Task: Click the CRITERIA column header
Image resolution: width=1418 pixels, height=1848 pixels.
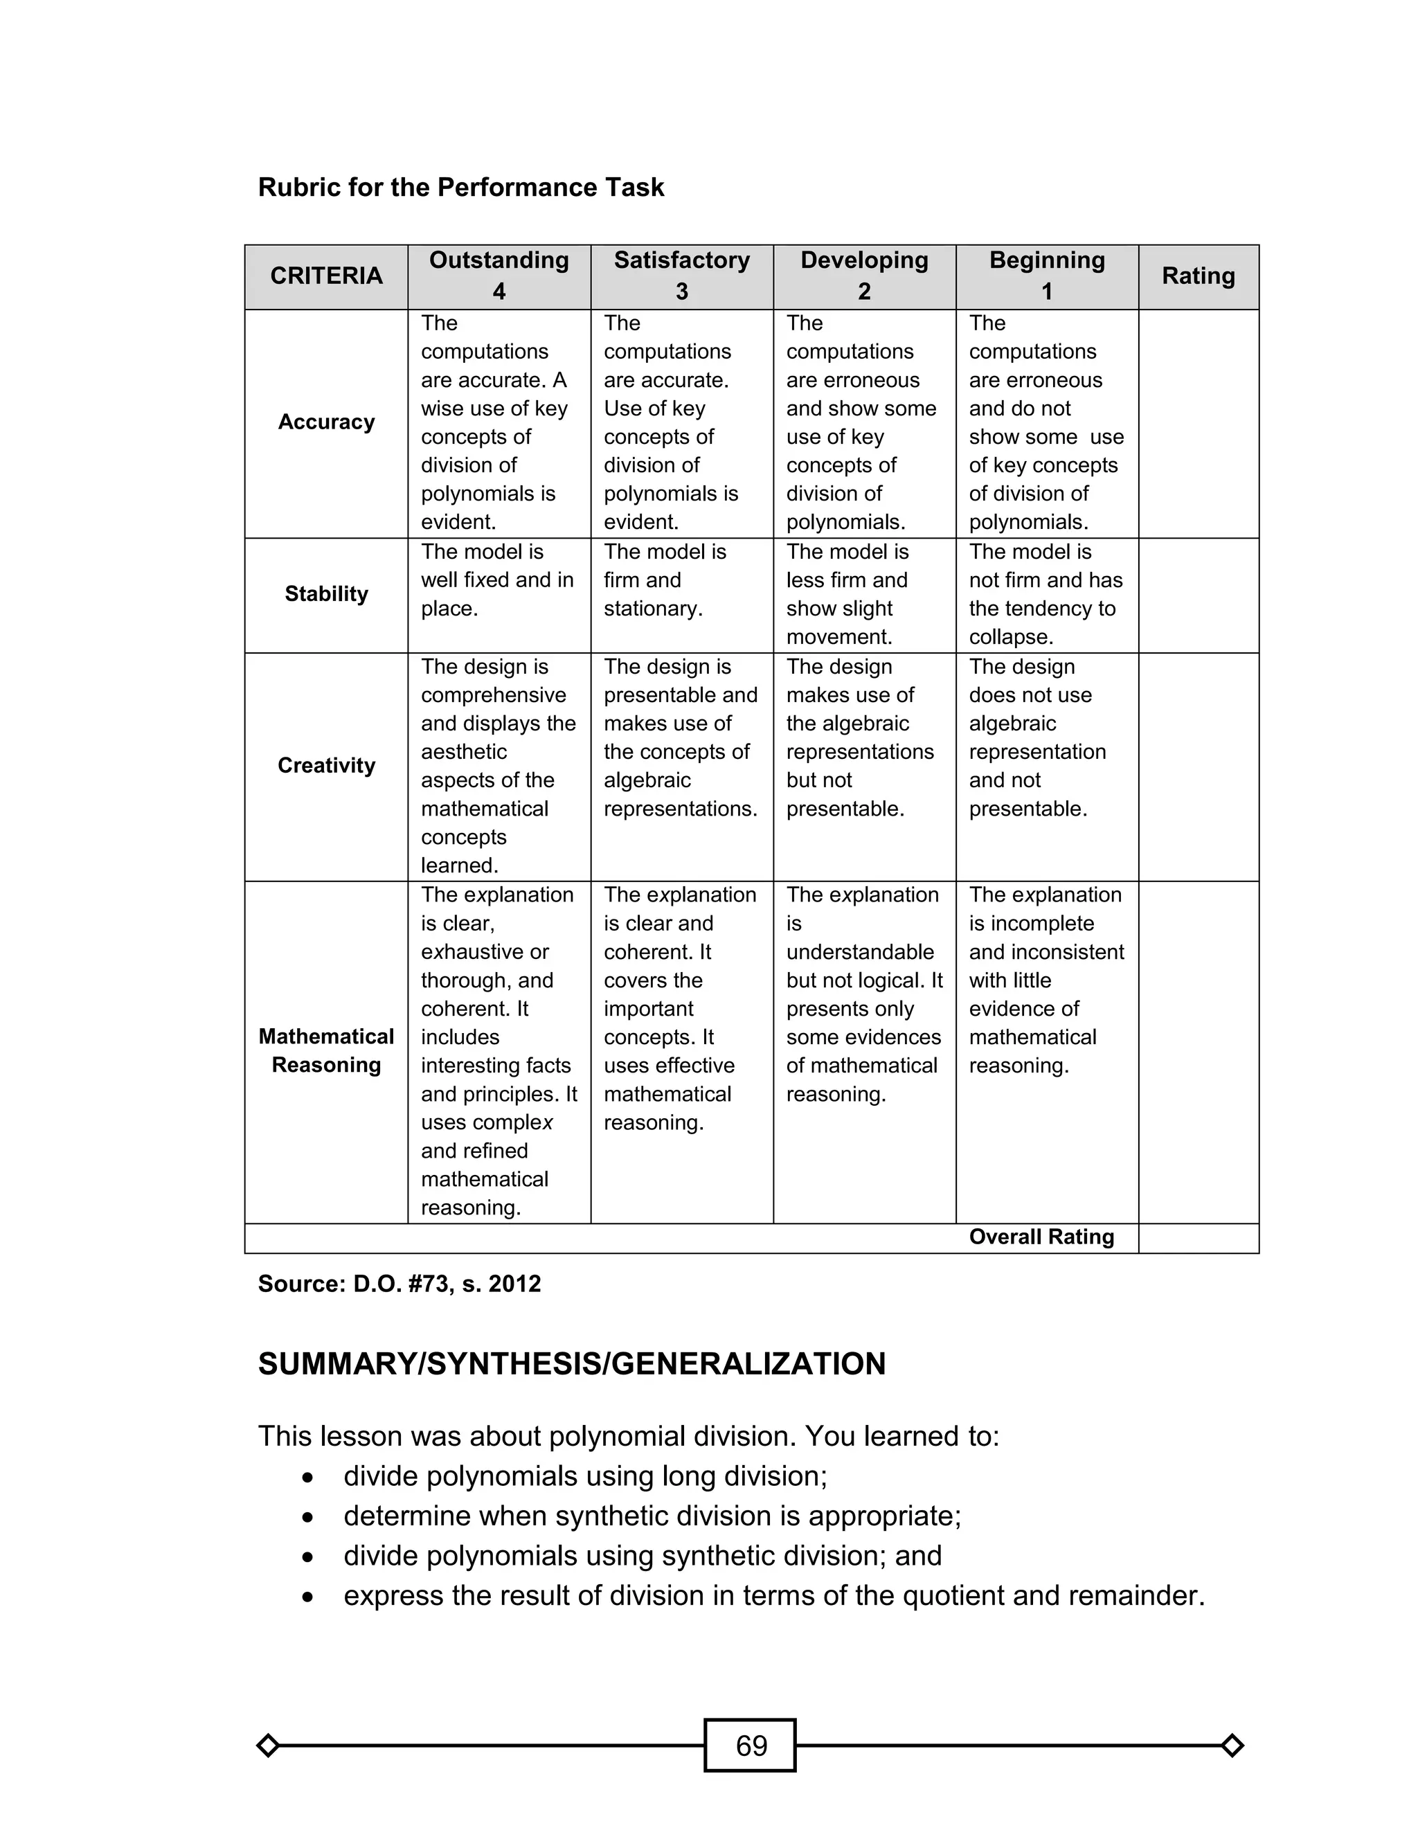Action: click(x=326, y=276)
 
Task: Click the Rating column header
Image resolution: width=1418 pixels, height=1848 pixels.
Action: click(x=1198, y=276)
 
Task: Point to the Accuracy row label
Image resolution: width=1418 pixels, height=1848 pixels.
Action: click(x=326, y=422)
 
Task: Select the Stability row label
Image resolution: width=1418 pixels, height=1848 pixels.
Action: click(x=326, y=594)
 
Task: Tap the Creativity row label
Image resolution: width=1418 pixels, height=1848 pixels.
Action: click(x=326, y=765)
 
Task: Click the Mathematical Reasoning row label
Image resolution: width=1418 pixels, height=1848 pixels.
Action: click(x=326, y=1050)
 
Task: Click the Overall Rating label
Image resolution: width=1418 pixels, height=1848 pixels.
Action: click(x=1041, y=1237)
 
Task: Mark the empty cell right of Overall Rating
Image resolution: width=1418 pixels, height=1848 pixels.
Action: click(x=1198, y=1238)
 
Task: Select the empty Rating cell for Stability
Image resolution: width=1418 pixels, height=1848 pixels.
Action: click(x=1198, y=595)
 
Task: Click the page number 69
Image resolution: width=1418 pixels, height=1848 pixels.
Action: click(x=751, y=1744)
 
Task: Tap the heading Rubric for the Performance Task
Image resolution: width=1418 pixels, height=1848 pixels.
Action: click(x=461, y=188)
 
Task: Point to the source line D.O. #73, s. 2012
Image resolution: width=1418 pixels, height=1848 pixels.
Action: click(x=400, y=1284)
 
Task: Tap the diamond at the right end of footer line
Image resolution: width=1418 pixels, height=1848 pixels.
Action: click(x=1232, y=1745)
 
